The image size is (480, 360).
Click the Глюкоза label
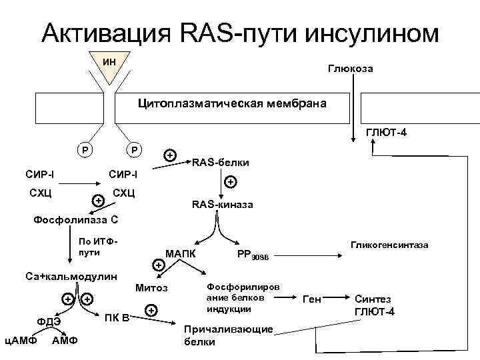coord(349,69)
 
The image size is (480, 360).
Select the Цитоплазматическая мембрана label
coord(232,104)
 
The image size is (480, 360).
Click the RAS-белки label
coord(221,162)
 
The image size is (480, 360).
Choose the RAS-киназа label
coord(222,205)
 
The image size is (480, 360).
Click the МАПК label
coord(180,254)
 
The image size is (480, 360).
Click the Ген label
coord(312,301)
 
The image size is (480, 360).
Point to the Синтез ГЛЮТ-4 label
coord(374,306)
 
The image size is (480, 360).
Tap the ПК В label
coord(117,317)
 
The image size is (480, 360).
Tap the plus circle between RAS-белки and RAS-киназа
coord(230,181)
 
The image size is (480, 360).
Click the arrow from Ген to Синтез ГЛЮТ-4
coord(337,301)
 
